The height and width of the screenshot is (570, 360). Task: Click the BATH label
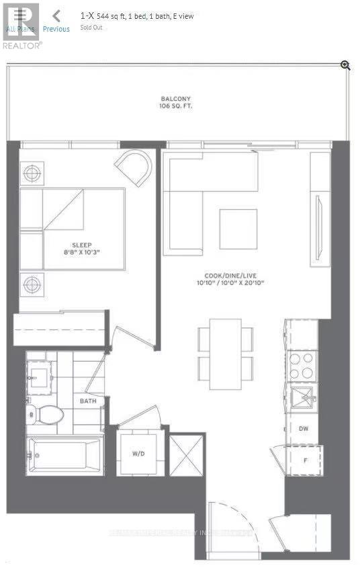click(88, 401)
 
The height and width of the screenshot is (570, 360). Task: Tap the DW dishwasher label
click(304, 427)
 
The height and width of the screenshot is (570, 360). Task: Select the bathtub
click(65, 454)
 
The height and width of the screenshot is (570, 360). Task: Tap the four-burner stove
click(302, 366)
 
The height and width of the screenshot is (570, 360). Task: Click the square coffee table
click(238, 229)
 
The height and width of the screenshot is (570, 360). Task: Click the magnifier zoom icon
click(345, 65)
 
